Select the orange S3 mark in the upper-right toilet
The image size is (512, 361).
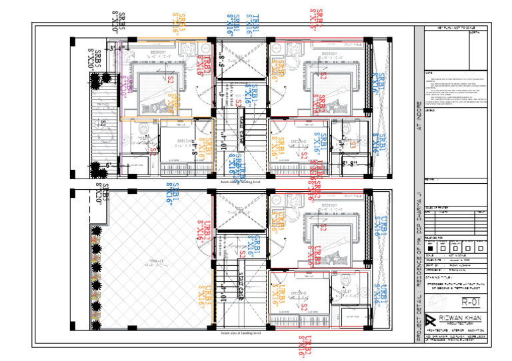click(x=353, y=145)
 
